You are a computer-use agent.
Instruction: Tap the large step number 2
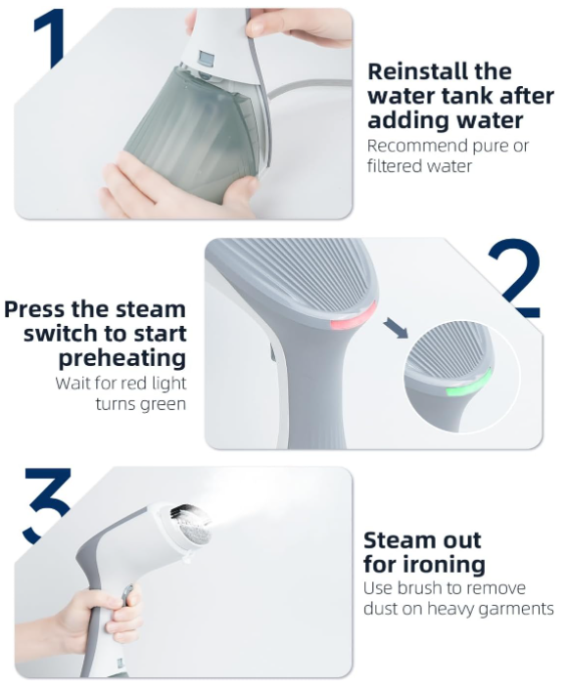click(514, 278)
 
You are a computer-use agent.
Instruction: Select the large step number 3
click(47, 505)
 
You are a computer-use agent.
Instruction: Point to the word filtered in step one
click(394, 166)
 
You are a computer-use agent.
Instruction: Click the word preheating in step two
click(122, 358)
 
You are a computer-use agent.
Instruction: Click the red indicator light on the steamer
click(354, 318)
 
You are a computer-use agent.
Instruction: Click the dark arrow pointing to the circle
click(396, 329)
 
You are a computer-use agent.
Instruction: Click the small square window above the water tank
click(206, 58)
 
